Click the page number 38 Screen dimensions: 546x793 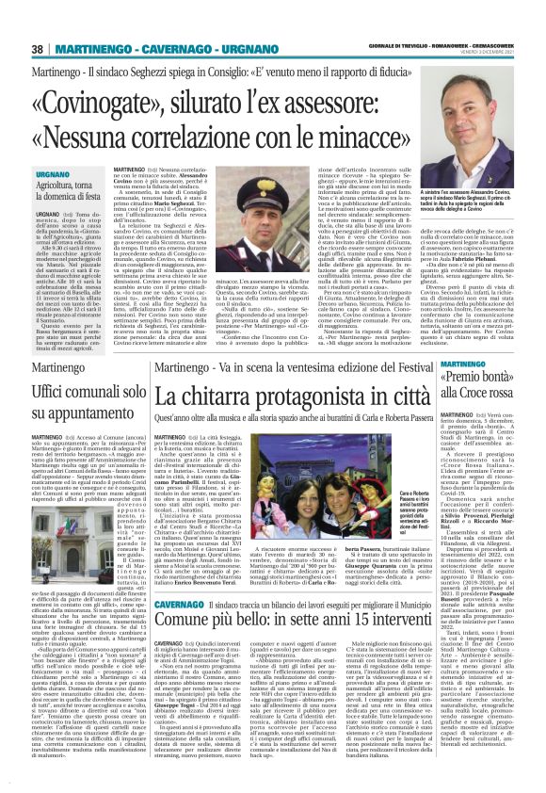pyautogui.click(x=37, y=48)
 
